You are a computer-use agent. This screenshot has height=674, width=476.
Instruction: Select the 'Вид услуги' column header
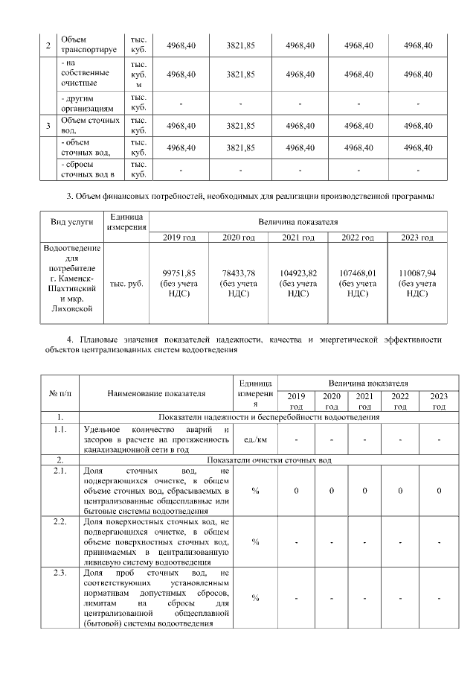(x=72, y=222)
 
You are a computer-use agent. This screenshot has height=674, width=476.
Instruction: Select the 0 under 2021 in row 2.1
(x=364, y=492)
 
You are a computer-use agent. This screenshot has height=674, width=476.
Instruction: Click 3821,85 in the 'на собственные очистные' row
(x=240, y=74)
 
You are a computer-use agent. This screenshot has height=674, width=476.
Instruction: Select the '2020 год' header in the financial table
(x=239, y=238)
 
